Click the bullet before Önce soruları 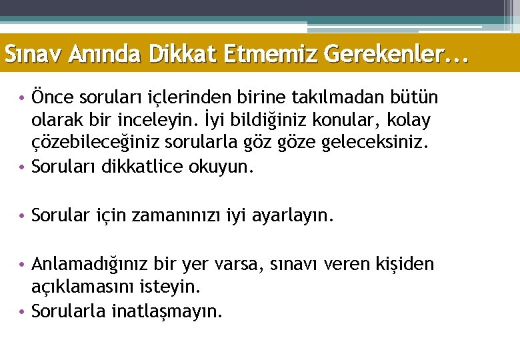pos(23,99)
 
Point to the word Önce pos(54,98)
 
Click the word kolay pos(408,121)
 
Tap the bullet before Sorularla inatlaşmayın pos(23,311)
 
